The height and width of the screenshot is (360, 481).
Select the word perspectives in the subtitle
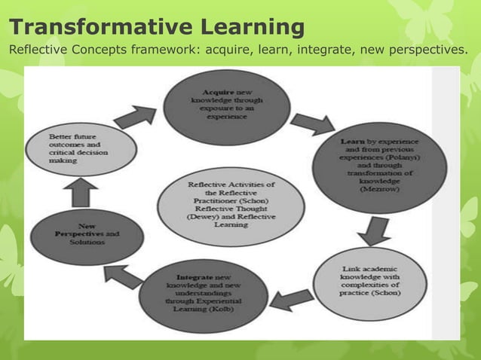415,50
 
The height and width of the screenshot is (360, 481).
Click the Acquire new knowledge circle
226,106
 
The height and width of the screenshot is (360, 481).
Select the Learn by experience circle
380,166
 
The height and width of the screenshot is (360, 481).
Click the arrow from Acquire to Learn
311,123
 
